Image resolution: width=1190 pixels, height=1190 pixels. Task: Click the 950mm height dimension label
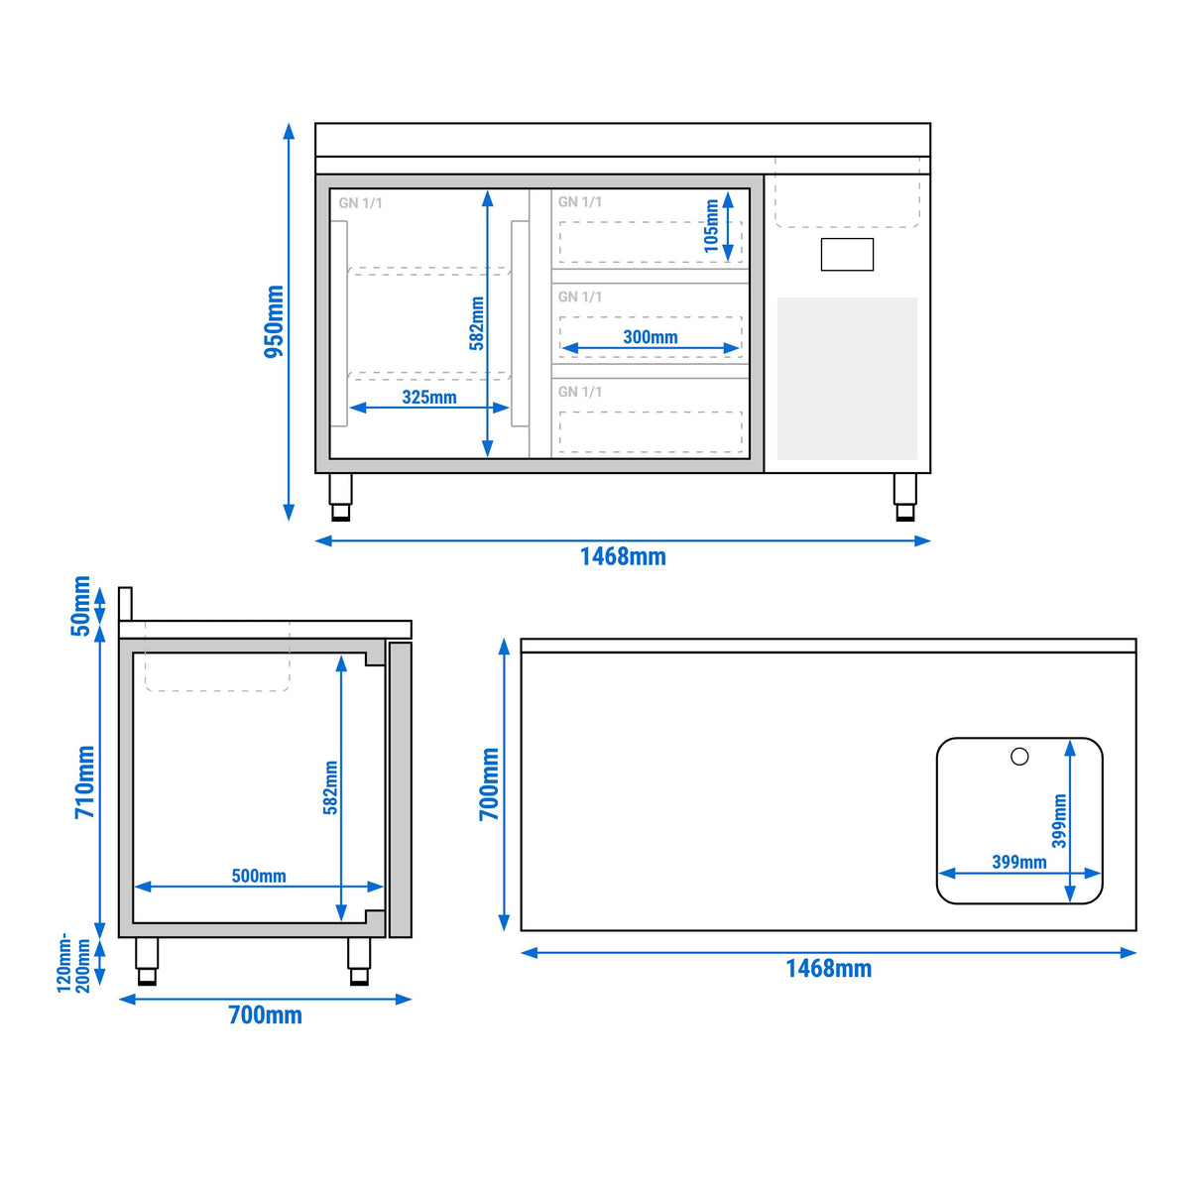[274, 321]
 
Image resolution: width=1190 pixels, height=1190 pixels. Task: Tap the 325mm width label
[429, 397]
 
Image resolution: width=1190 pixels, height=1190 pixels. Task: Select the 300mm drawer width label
[651, 337]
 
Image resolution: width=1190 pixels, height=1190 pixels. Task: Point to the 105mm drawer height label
[711, 226]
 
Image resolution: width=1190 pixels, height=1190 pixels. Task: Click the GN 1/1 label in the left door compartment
[361, 203]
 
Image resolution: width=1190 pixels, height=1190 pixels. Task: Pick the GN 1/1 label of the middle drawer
[580, 297]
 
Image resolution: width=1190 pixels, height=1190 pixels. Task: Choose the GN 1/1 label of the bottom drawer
[580, 392]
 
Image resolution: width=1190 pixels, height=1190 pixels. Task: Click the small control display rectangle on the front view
[847, 255]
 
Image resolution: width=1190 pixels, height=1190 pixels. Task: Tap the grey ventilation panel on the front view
[847, 379]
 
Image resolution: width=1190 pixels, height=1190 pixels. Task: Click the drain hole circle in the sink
[1019, 757]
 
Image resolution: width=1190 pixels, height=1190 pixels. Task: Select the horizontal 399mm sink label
[1019, 862]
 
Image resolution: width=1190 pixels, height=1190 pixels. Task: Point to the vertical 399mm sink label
[1059, 821]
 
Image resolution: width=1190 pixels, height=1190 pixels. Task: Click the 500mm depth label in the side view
[259, 876]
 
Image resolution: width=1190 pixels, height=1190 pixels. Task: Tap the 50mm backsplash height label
[82, 606]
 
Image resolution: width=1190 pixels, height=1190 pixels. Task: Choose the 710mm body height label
[85, 782]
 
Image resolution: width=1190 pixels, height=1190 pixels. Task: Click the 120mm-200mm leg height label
[73, 965]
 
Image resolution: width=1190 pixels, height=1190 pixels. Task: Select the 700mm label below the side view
[266, 1015]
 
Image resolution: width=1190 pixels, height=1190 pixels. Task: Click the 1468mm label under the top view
[829, 968]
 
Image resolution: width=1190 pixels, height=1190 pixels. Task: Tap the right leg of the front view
[905, 497]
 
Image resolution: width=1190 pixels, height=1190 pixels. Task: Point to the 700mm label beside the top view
[490, 784]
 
